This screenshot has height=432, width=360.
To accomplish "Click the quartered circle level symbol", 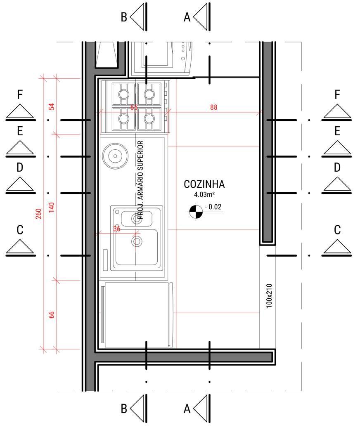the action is (194, 212).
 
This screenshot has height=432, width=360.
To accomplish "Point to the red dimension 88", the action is (213, 107).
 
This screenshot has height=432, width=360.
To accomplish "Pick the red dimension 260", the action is (38, 213).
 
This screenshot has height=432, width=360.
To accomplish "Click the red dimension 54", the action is (52, 106).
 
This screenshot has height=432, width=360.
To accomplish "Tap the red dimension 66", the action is (52, 315).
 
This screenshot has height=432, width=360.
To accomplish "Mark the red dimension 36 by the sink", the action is (116, 229).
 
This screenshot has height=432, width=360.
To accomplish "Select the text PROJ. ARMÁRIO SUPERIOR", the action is (140, 179).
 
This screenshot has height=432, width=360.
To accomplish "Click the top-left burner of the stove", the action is (123, 94).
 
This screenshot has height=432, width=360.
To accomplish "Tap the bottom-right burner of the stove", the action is (147, 118).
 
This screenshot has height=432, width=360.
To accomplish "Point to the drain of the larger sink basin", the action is (136, 241).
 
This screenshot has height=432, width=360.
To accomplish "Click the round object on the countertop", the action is (113, 156).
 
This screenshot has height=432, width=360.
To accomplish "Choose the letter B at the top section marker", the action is (124, 17).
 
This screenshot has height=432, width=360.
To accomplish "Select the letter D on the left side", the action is (20, 168).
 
